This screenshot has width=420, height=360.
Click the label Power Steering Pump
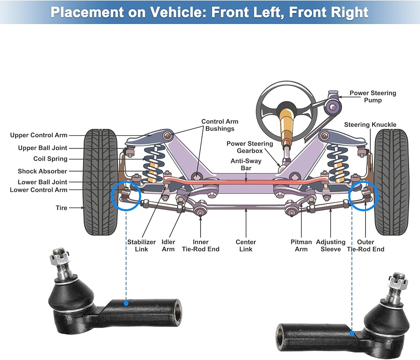click(373, 97)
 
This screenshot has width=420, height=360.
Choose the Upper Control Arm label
click(39, 135)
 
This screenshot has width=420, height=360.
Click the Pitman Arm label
click(301, 245)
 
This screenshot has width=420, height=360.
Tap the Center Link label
click(246, 245)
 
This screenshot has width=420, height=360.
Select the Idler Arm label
click(168, 245)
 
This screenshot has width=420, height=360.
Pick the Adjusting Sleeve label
click(331, 245)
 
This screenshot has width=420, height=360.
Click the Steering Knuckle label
click(370, 125)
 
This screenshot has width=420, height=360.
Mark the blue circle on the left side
click(126, 195)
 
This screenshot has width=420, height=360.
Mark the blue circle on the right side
click(364, 195)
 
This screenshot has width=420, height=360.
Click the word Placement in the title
click(86, 12)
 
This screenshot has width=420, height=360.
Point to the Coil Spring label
click(50, 159)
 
